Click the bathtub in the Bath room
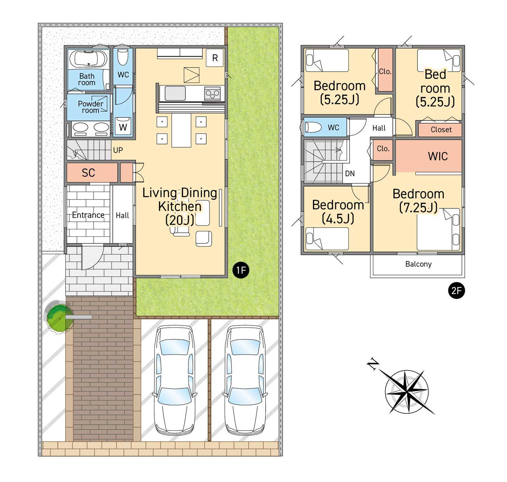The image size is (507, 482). [x=88, y=59]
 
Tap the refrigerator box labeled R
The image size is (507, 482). [x=215, y=58]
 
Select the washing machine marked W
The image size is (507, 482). [x=123, y=126]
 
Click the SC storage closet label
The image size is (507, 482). [x=88, y=172]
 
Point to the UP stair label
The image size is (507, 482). [x=118, y=150]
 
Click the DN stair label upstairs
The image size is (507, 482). [x=350, y=173]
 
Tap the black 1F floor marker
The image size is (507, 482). [x=241, y=270]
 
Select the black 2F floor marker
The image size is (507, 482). [x=456, y=291]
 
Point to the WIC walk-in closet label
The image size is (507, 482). [x=438, y=156]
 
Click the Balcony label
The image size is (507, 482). [x=418, y=264]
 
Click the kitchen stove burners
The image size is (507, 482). [x=213, y=93]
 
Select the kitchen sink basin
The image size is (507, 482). [x=175, y=93]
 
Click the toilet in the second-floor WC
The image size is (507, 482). [x=313, y=127]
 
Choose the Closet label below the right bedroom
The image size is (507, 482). [x=441, y=129]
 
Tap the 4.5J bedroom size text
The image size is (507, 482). [x=338, y=219]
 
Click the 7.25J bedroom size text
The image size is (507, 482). [x=418, y=208]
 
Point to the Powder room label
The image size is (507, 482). [x=90, y=107]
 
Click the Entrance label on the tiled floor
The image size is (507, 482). [x=88, y=215]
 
